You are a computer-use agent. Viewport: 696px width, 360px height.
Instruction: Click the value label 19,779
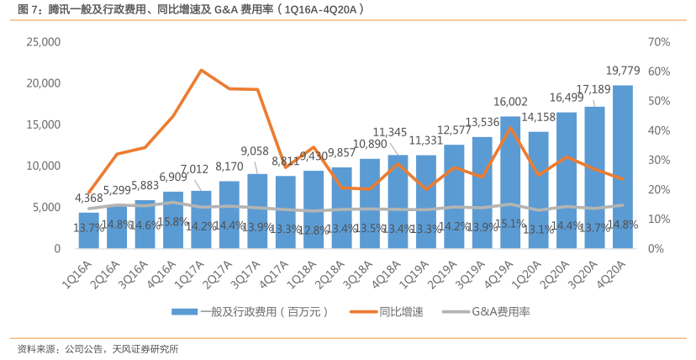(x=622, y=70)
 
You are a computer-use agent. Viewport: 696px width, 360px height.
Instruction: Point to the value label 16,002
(x=510, y=101)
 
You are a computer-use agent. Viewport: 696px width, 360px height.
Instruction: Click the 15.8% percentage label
(x=173, y=222)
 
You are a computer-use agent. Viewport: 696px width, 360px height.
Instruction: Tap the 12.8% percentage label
(x=314, y=230)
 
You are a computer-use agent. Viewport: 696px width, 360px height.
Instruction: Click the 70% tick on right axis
(x=658, y=41)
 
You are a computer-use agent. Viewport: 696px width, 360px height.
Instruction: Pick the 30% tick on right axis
(x=658, y=160)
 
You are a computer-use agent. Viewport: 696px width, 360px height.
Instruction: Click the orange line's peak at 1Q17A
(x=202, y=70)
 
